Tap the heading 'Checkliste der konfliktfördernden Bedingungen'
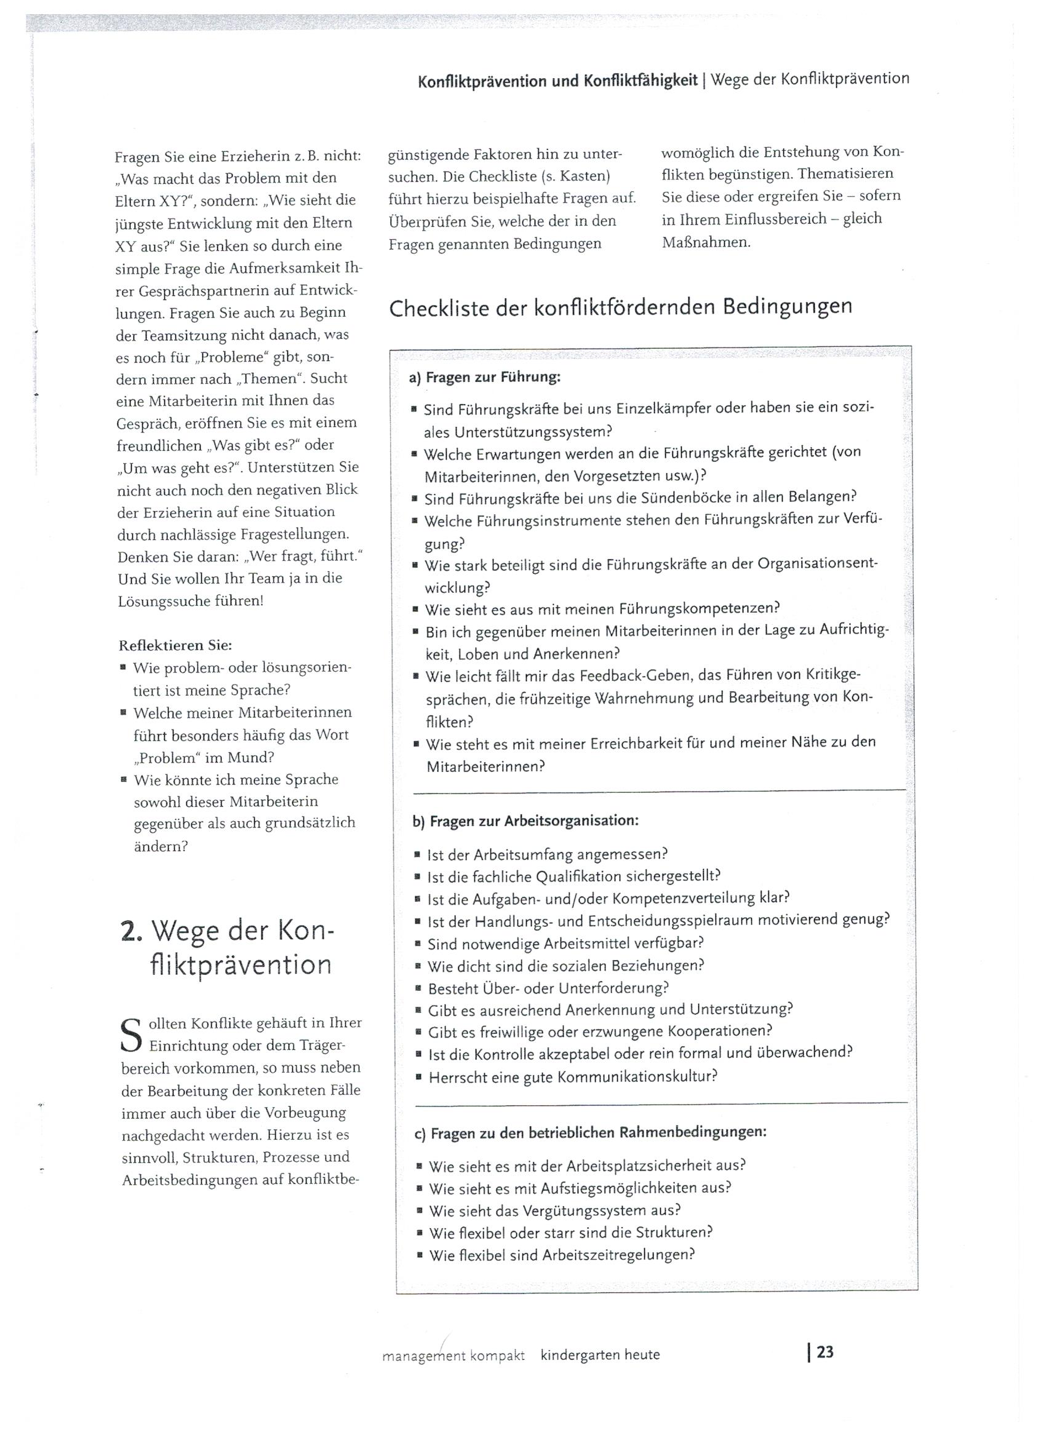point(620,308)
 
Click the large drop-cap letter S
point(130,1034)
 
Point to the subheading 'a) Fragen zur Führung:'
point(485,378)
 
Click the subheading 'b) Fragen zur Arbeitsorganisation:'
point(525,820)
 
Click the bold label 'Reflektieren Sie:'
point(175,645)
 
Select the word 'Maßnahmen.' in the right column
point(705,242)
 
